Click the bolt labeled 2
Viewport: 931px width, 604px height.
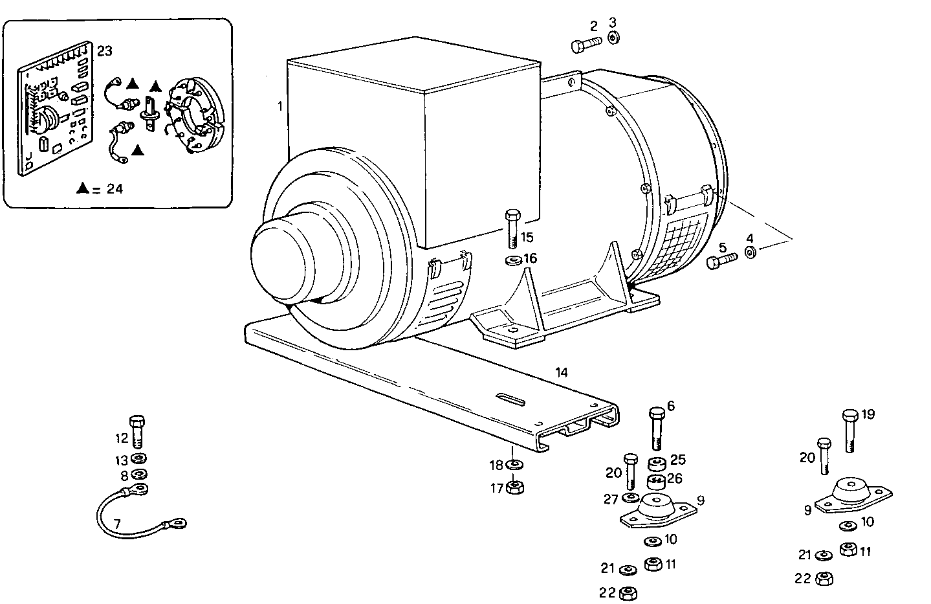click(x=586, y=44)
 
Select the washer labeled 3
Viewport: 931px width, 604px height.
click(x=613, y=39)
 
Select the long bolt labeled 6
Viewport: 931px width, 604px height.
click(x=656, y=428)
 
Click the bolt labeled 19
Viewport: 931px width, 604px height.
click(x=850, y=430)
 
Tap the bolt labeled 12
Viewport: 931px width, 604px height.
click(x=137, y=431)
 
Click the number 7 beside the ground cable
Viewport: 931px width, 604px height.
click(x=117, y=523)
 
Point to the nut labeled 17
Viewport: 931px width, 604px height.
click(x=515, y=487)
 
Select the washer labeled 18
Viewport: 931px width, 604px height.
click(x=515, y=465)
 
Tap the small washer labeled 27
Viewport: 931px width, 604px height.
click(x=630, y=497)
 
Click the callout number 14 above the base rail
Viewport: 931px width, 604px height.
click(x=561, y=372)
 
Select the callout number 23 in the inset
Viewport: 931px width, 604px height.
click(x=104, y=49)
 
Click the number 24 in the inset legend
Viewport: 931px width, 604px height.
click(x=114, y=189)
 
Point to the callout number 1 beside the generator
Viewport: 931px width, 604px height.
click(x=280, y=106)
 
